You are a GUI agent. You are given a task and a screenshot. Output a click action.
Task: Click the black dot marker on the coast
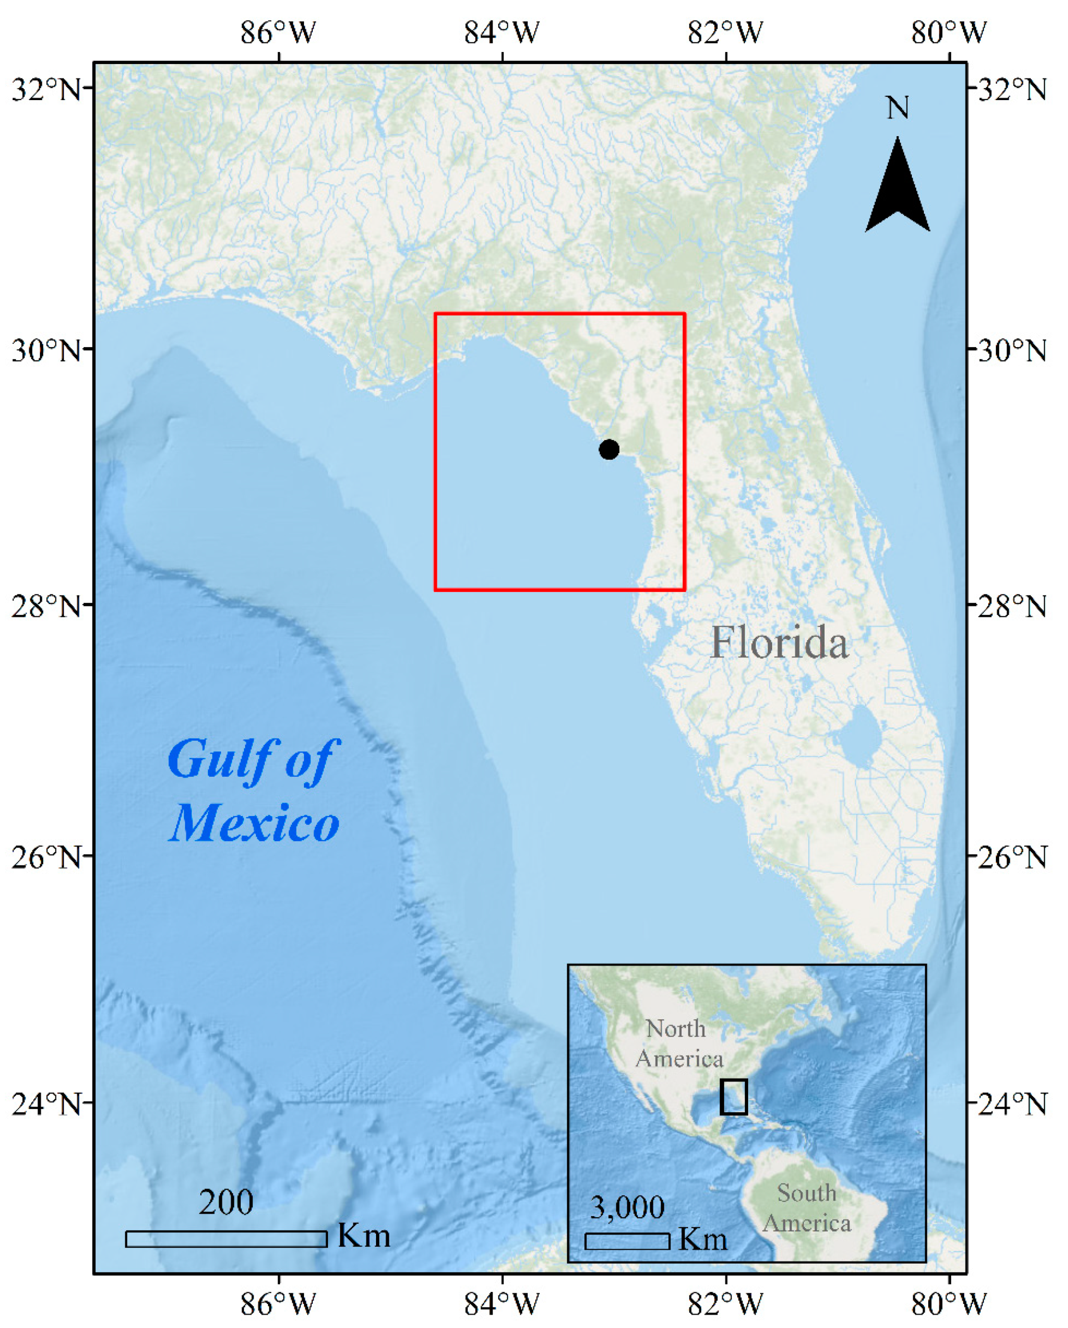[x=609, y=450]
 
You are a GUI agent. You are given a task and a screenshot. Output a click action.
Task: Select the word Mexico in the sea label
[x=255, y=823]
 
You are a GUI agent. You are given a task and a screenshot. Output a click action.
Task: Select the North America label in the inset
[x=679, y=1043]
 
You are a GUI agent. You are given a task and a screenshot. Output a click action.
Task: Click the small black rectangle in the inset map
[x=733, y=1096]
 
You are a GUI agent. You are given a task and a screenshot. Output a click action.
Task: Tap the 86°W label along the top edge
[x=278, y=32]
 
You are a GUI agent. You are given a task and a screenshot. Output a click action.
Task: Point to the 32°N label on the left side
[x=46, y=90]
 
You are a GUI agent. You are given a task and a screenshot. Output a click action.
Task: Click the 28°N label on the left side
[x=46, y=607]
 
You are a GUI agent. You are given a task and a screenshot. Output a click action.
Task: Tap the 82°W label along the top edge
[x=725, y=32]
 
